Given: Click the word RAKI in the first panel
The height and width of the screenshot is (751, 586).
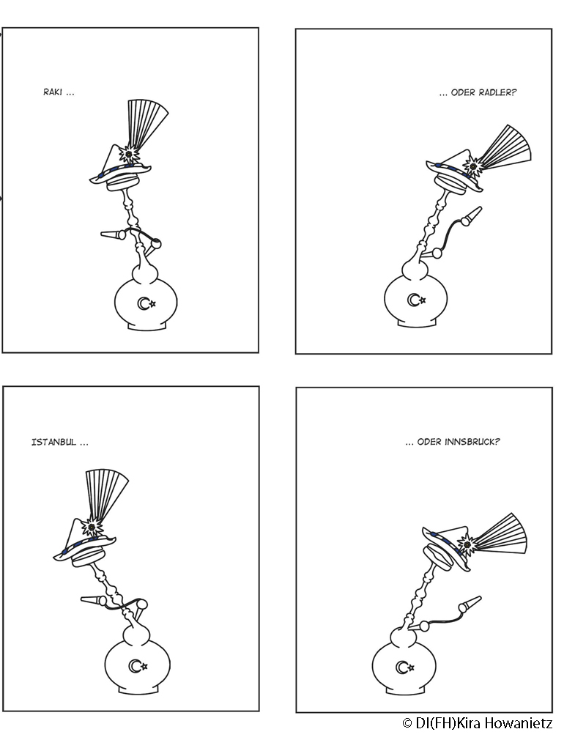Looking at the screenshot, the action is [53, 92].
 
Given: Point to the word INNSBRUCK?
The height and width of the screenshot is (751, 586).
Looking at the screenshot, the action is [472, 442].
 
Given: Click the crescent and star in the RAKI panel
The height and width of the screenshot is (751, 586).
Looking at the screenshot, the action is [146, 303].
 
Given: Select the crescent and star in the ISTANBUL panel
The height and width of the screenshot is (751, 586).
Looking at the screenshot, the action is [138, 666].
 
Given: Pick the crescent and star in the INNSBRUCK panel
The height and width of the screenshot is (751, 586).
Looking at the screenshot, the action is [405, 667].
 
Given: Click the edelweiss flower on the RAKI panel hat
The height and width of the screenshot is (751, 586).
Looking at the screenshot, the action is [129, 154].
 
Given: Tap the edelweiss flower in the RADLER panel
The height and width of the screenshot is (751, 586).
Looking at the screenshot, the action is [473, 166].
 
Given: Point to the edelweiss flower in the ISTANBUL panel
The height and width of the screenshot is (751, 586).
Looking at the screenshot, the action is [92, 528].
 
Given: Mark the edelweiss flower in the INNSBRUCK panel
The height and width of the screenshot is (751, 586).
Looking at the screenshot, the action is [467, 544].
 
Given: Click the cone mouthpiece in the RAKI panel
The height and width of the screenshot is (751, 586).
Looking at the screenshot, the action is [113, 234].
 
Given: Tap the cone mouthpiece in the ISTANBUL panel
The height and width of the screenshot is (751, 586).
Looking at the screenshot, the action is [94, 600].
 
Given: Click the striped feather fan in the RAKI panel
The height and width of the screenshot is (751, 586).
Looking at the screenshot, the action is [146, 124].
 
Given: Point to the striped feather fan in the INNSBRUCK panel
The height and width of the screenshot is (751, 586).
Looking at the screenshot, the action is [502, 535].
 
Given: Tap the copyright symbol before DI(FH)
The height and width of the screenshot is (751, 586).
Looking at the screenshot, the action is [407, 723].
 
